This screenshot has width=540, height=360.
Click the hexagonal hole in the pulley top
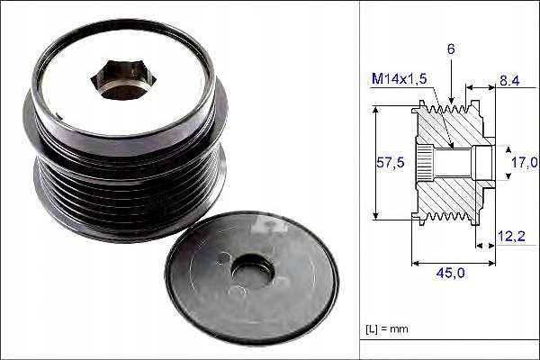coord(123,80)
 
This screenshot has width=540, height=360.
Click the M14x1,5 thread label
coord(400,79)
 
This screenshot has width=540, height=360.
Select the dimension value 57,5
coord(391,162)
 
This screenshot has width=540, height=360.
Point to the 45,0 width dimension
coord(450,273)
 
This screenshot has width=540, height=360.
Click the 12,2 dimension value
coord(511,236)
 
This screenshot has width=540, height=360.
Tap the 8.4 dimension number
coord(509,81)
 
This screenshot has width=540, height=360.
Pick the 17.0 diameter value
coord(524,162)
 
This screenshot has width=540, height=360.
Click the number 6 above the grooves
coord(451,49)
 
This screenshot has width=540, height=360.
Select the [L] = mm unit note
coord(387,328)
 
